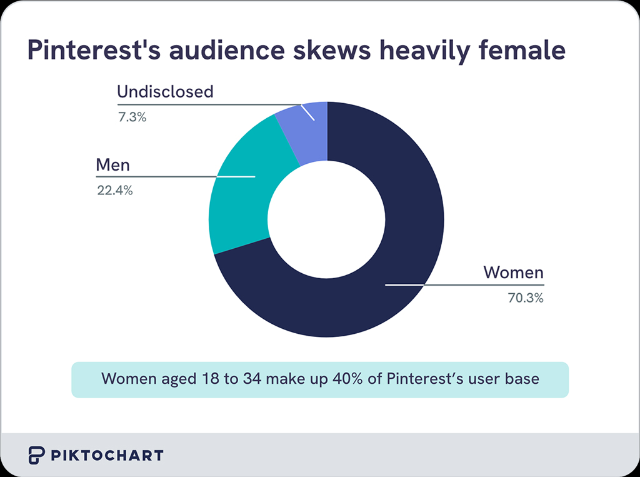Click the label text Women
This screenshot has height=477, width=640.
pyautogui.click(x=513, y=273)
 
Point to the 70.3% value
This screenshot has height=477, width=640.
pyautogui.click(x=525, y=298)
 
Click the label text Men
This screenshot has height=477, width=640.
pyautogui.click(x=112, y=165)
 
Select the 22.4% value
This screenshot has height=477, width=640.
pyautogui.click(x=114, y=191)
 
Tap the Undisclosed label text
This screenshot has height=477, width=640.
pyautogui.click(x=165, y=92)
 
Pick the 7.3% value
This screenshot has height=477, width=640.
pyautogui.click(x=132, y=117)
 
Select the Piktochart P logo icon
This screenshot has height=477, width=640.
pyautogui.click(x=36, y=455)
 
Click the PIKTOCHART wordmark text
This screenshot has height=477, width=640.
pyautogui.click(x=107, y=455)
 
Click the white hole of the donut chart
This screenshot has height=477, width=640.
pyautogui.click(x=326, y=220)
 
